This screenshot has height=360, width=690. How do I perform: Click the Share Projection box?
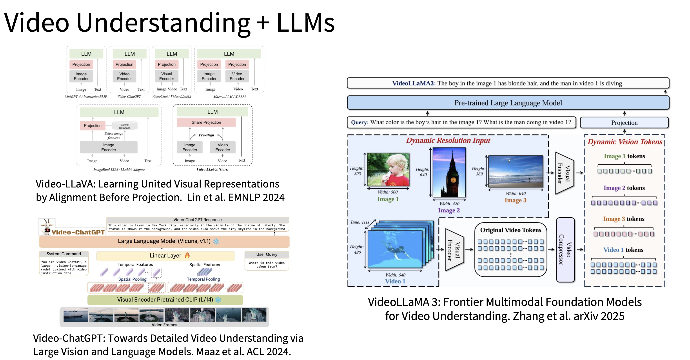point(206,122)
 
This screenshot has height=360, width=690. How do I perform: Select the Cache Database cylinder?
point(125,126)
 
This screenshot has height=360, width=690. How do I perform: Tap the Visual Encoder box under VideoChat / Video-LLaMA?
point(167,76)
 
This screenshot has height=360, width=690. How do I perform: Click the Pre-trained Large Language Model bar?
point(508,103)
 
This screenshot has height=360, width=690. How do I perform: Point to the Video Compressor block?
point(565,250)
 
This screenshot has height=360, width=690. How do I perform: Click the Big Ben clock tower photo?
point(449,173)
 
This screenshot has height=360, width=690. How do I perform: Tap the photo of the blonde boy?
point(388,169)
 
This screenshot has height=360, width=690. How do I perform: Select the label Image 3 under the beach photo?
point(515,200)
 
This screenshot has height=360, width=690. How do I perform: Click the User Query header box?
point(267,255)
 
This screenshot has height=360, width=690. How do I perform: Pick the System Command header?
point(64,254)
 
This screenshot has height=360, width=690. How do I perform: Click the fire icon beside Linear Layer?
point(187,255)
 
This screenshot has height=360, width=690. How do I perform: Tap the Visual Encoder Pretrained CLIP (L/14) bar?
point(165,300)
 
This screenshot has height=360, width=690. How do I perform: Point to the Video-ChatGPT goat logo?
point(47,227)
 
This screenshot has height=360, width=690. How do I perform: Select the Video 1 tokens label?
point(623,250)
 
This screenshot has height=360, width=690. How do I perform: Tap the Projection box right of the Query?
point(624,123)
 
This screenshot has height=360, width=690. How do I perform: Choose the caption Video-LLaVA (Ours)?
point(213,169)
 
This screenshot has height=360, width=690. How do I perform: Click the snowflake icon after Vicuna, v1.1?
point(216,241)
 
